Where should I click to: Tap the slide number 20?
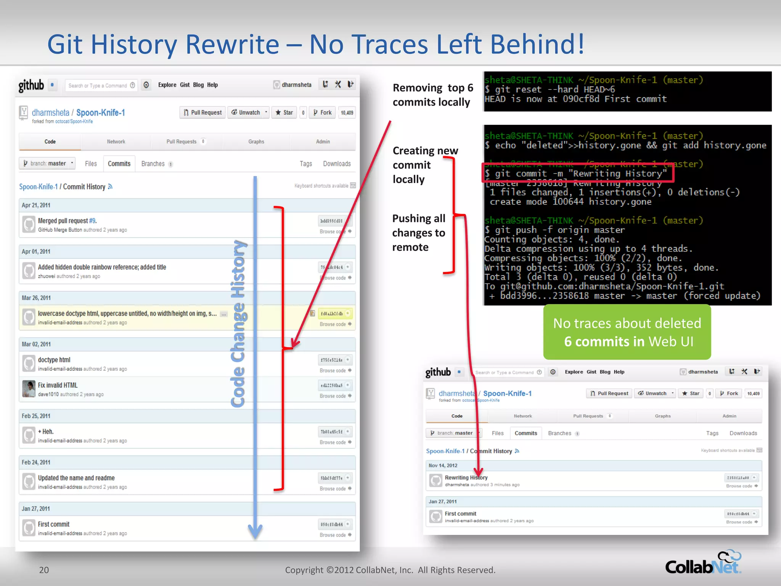[44, 570]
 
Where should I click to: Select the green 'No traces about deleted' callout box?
[627, 332]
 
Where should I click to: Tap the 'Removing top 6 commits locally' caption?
[432, 95]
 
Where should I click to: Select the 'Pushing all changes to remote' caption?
[419, 233]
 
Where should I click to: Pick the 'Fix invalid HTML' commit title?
[58, 385]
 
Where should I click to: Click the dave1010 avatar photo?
[29, 389]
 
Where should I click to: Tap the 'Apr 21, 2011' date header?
[36, 205]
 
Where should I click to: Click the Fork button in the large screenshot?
[322, 113]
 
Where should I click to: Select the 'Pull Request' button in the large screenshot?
[202, 113]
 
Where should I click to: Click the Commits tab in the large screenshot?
[119, 164]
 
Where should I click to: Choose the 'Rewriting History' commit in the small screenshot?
[466, 478]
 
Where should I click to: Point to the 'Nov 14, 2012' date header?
[443, 465]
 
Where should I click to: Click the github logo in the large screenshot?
[31, 85]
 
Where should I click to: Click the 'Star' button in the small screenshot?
[691, 393]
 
